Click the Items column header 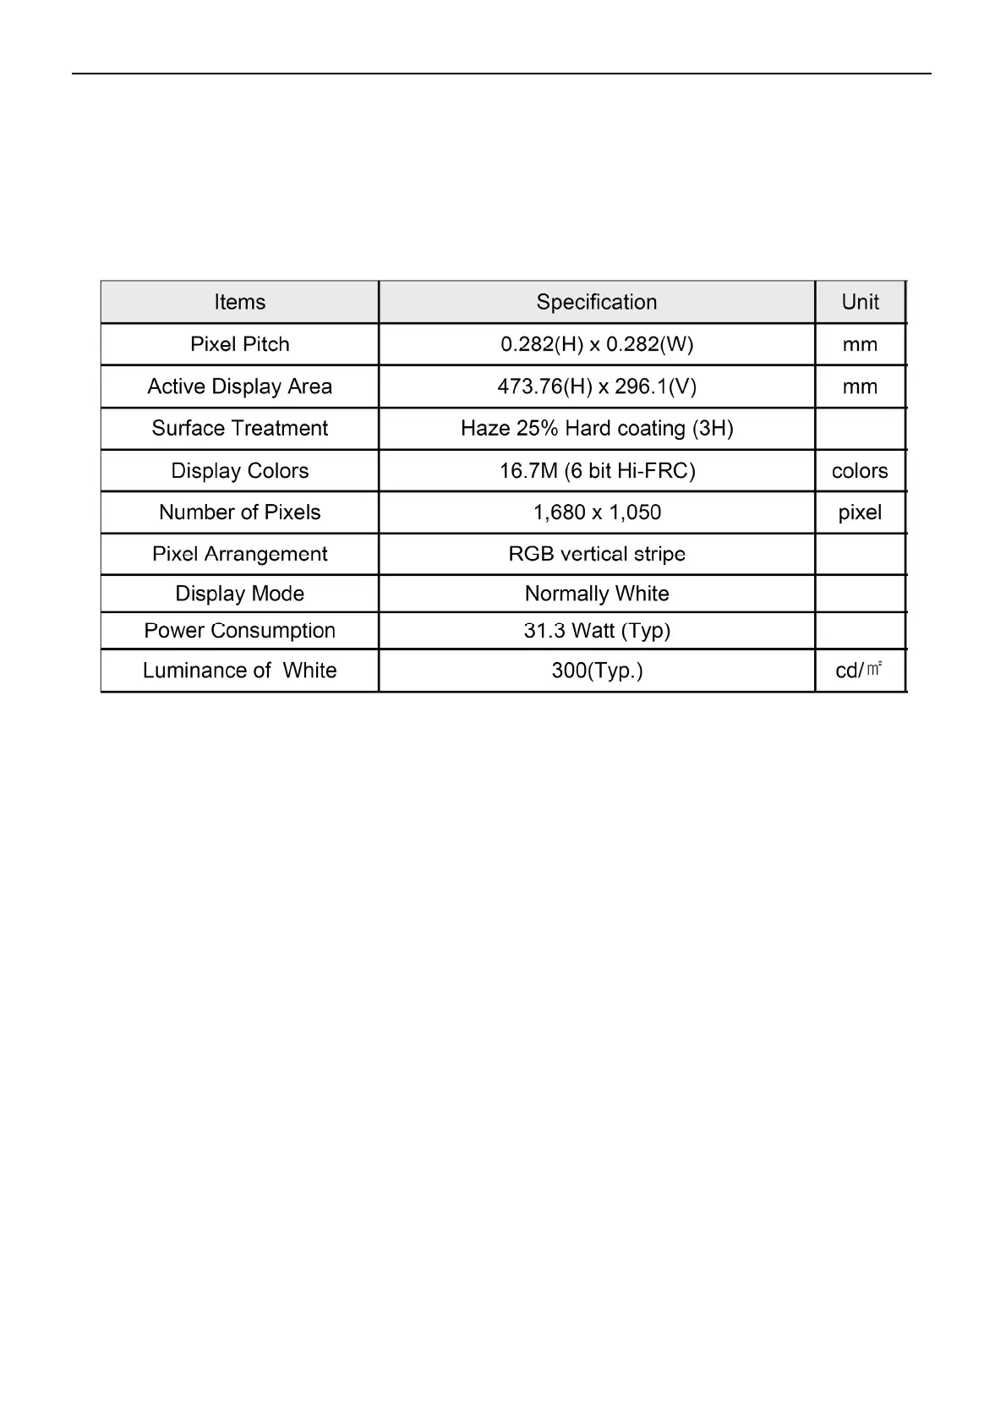[239, 302]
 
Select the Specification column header [596, 302]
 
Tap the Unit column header [860, 302]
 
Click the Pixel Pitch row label [239, 344]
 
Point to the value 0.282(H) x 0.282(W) [596, 344]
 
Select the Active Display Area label [239, 386]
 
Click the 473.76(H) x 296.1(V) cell [596, 386]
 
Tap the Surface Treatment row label [239, 428]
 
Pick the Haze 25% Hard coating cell [596, 428]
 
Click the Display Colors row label [239, 470]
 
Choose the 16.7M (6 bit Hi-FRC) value [596, 470]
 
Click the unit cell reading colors [860, 470]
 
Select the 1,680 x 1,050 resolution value [596, 512]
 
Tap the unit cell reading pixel [860, 512]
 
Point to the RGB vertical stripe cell [596, 554]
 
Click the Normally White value [596, 594]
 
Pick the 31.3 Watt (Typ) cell [596, 630]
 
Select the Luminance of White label [239, 671]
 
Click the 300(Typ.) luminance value [596, 671]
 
